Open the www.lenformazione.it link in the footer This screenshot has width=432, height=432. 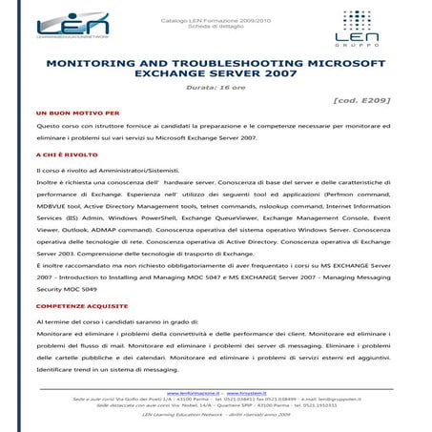pos(194,392)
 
